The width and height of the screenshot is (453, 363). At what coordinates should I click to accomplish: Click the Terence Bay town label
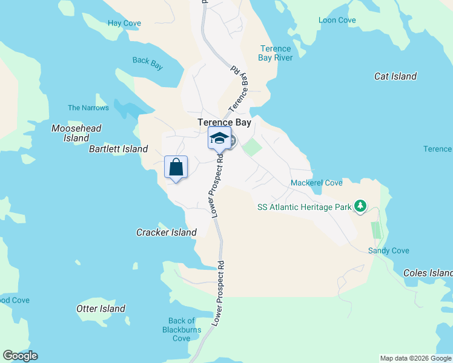224,122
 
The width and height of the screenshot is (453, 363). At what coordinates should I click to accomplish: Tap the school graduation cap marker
219,139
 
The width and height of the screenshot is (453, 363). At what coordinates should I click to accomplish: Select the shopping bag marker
176,167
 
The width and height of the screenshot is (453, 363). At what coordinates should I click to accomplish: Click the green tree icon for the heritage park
360,206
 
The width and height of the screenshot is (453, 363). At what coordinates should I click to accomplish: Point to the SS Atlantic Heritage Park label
305,207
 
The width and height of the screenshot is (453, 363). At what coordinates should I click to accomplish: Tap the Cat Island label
395,76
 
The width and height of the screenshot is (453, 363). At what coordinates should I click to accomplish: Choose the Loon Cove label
337,20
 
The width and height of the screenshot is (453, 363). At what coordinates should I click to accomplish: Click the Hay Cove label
124,24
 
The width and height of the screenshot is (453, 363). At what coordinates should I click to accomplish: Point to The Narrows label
88,108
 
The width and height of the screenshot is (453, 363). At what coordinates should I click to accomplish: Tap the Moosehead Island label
76,133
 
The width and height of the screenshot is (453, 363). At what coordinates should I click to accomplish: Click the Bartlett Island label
119,149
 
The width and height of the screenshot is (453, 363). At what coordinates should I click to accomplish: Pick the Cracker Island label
167,232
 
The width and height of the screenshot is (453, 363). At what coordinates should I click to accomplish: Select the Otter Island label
101,309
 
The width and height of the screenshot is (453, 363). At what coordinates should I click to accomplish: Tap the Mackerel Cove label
317,183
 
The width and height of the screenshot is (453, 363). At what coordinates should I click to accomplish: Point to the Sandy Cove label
389,250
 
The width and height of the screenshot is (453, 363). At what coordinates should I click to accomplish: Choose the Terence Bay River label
276,53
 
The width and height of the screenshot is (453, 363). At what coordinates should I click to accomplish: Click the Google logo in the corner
20,356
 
